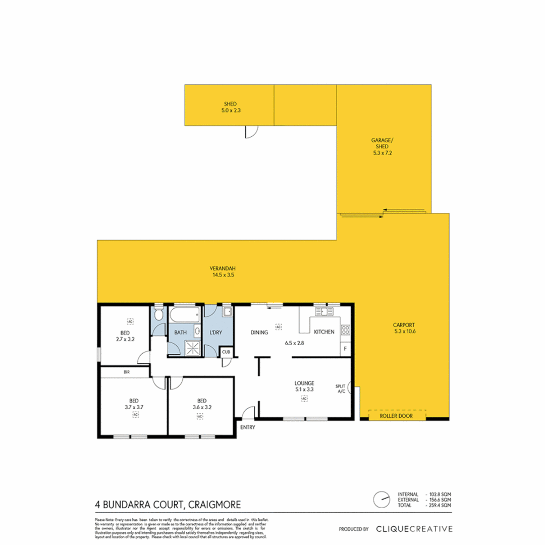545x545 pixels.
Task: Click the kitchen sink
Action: pyautogui.click(x=323, y=311)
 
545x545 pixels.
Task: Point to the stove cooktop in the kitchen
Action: pyautogui.click(x=346, y=331)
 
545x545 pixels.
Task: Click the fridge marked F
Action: pyautogui.click(x=346, y=349)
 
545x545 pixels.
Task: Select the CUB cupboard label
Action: pyautogui.click(x=226, y=352)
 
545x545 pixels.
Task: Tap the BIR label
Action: pyautogui.click(x=126, y=372)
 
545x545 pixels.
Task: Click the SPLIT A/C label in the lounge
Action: pyautogui.click(x=340, y=389)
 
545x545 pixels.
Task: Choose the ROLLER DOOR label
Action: pyautogui.click(x=397, y=416)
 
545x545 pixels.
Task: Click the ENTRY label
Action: pyautogui.click(x=248, y=427)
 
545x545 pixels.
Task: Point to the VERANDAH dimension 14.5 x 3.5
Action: pyautogui.click(x=222, y=276)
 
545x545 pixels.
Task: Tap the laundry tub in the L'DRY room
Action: pyautogui.click(x=227, y=312)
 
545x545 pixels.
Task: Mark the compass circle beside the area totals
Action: pyautogui.click(x=381, y=500)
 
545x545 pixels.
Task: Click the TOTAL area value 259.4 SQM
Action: pyautogui.click(x=439, y=505)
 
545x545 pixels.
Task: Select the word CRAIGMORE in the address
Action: pyautogui.click(x=214, y=504)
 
